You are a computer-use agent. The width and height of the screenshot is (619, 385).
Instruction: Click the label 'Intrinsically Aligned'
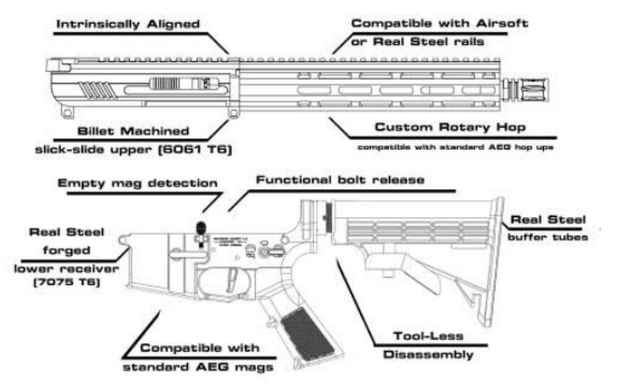click(x=128, y=24)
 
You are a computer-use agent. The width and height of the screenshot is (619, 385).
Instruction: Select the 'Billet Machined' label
click(x=133, y=132)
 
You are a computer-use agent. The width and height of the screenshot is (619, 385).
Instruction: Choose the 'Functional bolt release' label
click(x=341, y=180)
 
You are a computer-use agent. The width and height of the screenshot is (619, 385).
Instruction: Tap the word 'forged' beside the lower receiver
click(x=72, y=251)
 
